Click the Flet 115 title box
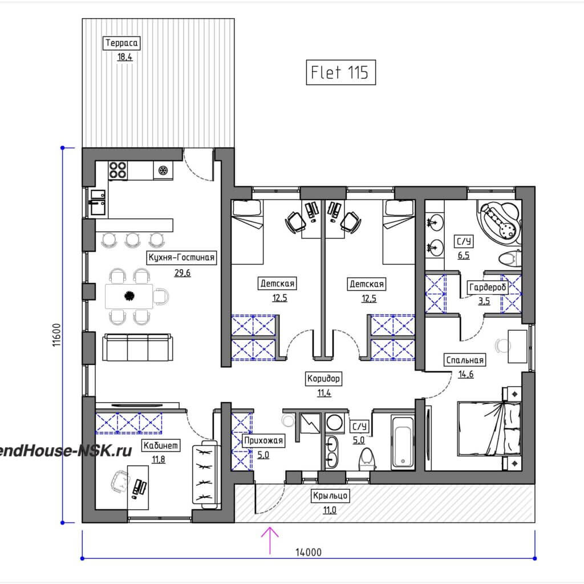(x=341, y=72)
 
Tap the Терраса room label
(x=121, y=43)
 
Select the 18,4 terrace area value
(x=125, y=57)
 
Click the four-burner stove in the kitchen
(x=117, y=170)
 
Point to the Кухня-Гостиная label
(x=181, y=257)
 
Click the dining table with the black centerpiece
(x=129, y=296)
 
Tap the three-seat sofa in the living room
(x=137, y=347)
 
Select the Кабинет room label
(x=161, y=445)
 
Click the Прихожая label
(x=263, y=441)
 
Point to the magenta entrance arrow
(x=270, y=541)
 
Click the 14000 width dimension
(x=309, y=552)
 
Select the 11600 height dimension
(x=56, y=335)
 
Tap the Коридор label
(x=323, y=379)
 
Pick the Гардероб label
(x=488, y=287)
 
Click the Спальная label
(x=465, y=360)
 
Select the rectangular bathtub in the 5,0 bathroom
(x=403, y=443)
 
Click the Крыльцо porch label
(x=330, y=496)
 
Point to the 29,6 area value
(x=182, y=273)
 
